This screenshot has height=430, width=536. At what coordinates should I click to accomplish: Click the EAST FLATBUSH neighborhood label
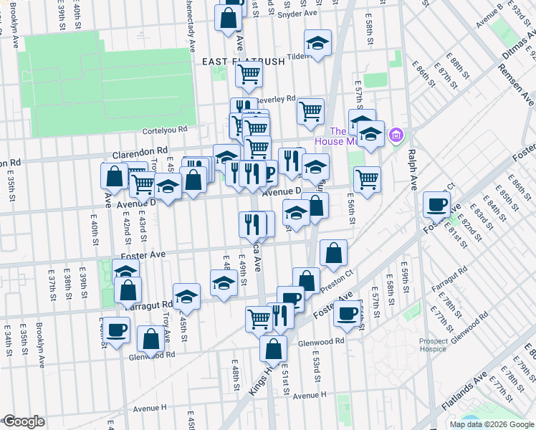pos(243,62)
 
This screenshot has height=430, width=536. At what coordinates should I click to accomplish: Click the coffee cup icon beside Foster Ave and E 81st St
pos(436,206)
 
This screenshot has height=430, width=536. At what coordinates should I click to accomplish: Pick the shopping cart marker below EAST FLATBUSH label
pos(249,73)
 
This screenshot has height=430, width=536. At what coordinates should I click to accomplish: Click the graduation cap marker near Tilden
pos(317,44)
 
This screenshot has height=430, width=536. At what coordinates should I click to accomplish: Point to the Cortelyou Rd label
pos(164,130)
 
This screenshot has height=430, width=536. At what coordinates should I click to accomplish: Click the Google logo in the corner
pos(23,421)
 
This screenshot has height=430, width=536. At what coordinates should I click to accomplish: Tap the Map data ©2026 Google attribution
pos(492,424)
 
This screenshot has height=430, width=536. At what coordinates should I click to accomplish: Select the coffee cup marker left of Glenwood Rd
pos(116,332)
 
